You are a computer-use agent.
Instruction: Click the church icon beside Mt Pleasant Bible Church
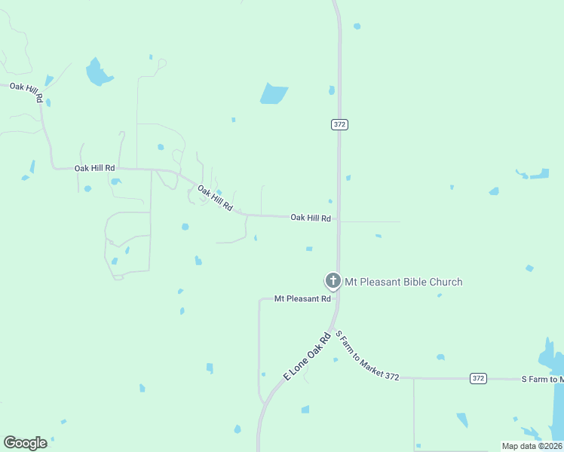[x=333, y=281]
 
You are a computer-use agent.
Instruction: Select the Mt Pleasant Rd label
[x=302, y=299]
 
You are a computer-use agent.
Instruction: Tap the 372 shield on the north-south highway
[x=339, y=124]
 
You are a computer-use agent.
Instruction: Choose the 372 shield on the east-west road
[x=478, y=378]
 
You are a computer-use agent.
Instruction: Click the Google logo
[x=26, y=443]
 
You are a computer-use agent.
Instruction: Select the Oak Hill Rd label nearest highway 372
[x=311, y=218]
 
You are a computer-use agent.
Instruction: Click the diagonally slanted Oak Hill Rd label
[x=216, y=197]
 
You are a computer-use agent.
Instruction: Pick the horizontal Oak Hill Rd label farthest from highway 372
[x=94, y=168]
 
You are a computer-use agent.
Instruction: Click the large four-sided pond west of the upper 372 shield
[x=274, y=93]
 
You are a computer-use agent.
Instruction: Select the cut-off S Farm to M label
[x=542, y=379]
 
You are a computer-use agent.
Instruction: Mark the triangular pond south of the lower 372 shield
[x=461, y=420]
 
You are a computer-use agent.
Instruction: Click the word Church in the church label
[x=446, y=282]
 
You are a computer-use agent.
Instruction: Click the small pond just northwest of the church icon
[x=309, y=249]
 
